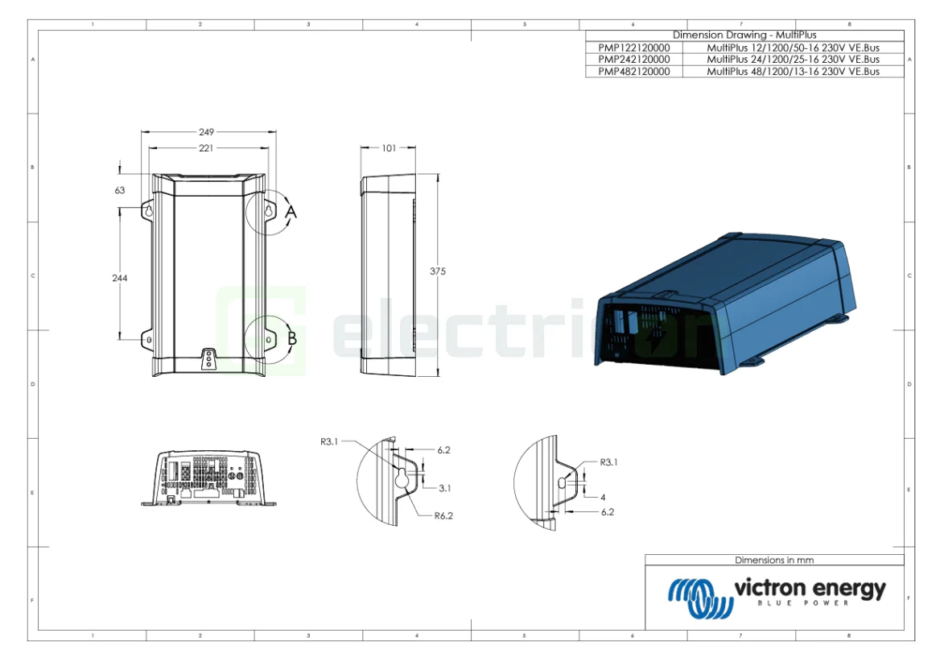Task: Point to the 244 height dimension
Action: [x=120, y=277]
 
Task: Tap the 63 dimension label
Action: [x=120, y=191]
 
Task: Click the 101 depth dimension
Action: [x=389, y=148]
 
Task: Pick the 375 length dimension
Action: [x=437, y=271]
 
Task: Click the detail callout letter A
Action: [x=291, y=211]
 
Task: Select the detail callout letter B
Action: [x=291, y=339]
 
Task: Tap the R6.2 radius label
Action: [x=443, y=516]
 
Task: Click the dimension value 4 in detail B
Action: [x=602, y=497]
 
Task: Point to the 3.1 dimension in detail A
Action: [x=444, y=488]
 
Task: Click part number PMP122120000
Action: [x=633, y=48]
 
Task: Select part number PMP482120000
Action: [x=633, y=72]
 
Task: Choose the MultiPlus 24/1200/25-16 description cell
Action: [x=793, y=60]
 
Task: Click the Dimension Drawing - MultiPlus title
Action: [x=744, y=35]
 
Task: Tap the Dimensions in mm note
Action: [x=774, y=560]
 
